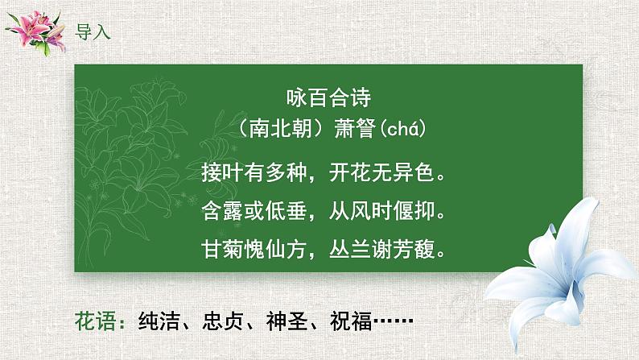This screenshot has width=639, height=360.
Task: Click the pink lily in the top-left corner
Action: tap(36, 31)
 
